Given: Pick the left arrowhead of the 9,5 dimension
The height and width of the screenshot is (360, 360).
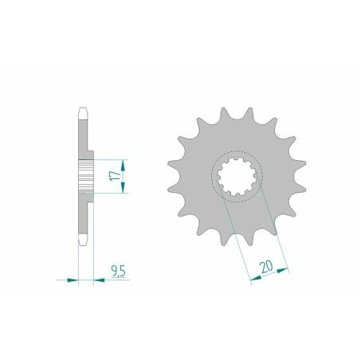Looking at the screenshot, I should pyautogui.click(x=74, y=280).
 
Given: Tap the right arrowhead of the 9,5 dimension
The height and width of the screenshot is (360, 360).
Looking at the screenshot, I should pyautogui.click(x=99, y=280).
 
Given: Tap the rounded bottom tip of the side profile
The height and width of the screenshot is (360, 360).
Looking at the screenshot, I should pyautogui.click(x=83, y=240).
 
